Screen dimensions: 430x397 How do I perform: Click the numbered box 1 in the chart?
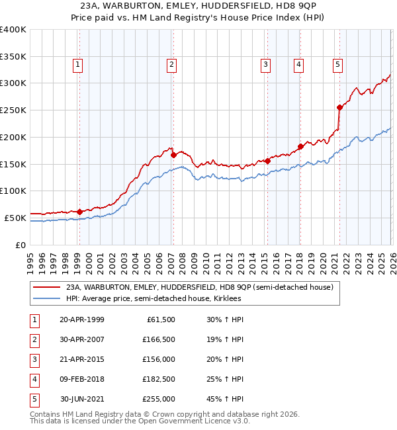(x=78, y=64)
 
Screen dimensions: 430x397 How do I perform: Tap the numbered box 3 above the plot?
(x=265, y=64)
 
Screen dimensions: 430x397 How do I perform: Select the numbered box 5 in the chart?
(x=337, y=64)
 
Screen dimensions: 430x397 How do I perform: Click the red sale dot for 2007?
(x=173, y=155)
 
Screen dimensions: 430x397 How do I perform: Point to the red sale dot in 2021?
(x=339, y=107)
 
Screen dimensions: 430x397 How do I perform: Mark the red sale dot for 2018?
(x=300, y=146)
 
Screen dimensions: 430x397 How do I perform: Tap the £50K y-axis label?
(x=15, y=218)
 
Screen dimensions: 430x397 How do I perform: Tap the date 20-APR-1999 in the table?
(x=82, y=320)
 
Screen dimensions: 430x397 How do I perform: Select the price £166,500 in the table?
(x=158, y=339)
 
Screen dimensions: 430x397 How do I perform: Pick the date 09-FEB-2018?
(x=82, y=379)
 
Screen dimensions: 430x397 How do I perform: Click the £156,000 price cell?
(x=158, y=359)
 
